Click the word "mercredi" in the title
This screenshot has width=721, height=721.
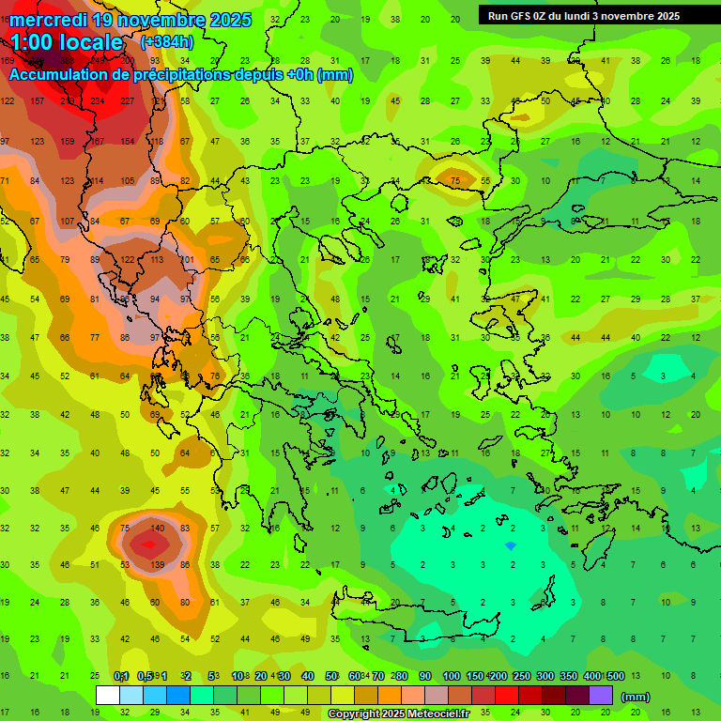pos(48,20)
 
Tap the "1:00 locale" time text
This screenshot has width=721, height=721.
pos(66,42)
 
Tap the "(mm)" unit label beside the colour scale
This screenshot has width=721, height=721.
pos(636,697)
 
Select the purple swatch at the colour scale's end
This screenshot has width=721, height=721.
pos(601,695)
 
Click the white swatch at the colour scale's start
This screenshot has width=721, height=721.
pos(108,695)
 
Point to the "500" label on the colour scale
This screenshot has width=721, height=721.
pos(615,676)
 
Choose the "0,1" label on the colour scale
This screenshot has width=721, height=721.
pos(121,676)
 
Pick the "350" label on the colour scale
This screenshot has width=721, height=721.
pos(568,676)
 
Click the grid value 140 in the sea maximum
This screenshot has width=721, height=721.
pos(158,529)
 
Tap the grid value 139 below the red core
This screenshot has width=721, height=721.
pos(158,564)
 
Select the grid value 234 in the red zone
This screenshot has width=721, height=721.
pos(98,101)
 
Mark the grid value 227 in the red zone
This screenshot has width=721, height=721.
pos(128,101)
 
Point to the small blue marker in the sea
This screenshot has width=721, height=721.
pos(510,545)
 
